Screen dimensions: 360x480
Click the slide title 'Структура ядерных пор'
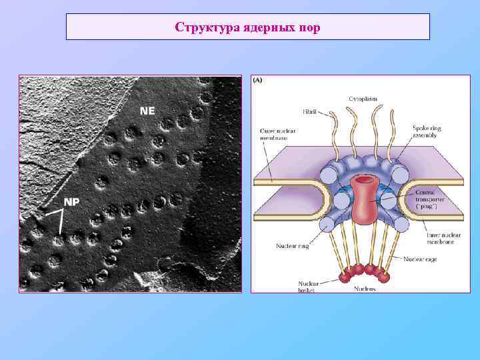(247, 27)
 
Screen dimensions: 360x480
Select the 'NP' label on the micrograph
(71, 202)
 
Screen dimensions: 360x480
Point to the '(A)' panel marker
(257, 79)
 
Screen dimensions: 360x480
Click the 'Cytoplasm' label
(363, 98)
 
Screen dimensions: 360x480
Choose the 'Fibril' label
(310, 113)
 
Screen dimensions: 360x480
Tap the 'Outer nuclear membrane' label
(273, 134)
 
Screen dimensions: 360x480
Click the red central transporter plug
(364, 199)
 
